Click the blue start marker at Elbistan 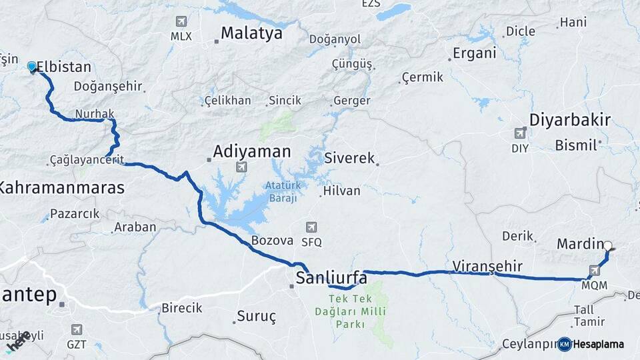click(31, 66)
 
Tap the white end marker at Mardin click(607, 245)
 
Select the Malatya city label click(251, 33)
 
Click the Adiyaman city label click(251, 152)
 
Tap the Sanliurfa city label click(331, 277)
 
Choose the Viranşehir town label click(487, 265)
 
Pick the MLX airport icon click(181, 21)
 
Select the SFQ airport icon click(311, 227)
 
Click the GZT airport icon click(77, 329)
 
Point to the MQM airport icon click(594, 271)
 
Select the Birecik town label click(181, 308)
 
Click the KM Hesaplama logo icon click(565, 344)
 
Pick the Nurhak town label click(94, 114)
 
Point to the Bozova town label click(273, 240)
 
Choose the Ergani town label click(474, 54)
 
